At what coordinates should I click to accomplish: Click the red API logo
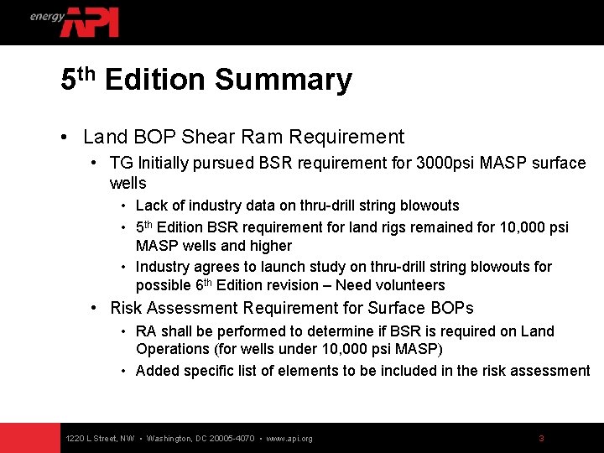coord(90,22)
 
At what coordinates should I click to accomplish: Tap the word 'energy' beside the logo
coord(47,16)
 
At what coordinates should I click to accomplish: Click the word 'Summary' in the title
coord(284,81)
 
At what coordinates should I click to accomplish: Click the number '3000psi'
coord(445,163)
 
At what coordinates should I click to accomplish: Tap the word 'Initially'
coord(169,163)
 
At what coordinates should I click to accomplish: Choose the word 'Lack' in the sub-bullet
coord(152,206)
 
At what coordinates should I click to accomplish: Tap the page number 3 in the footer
coord(541,438)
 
